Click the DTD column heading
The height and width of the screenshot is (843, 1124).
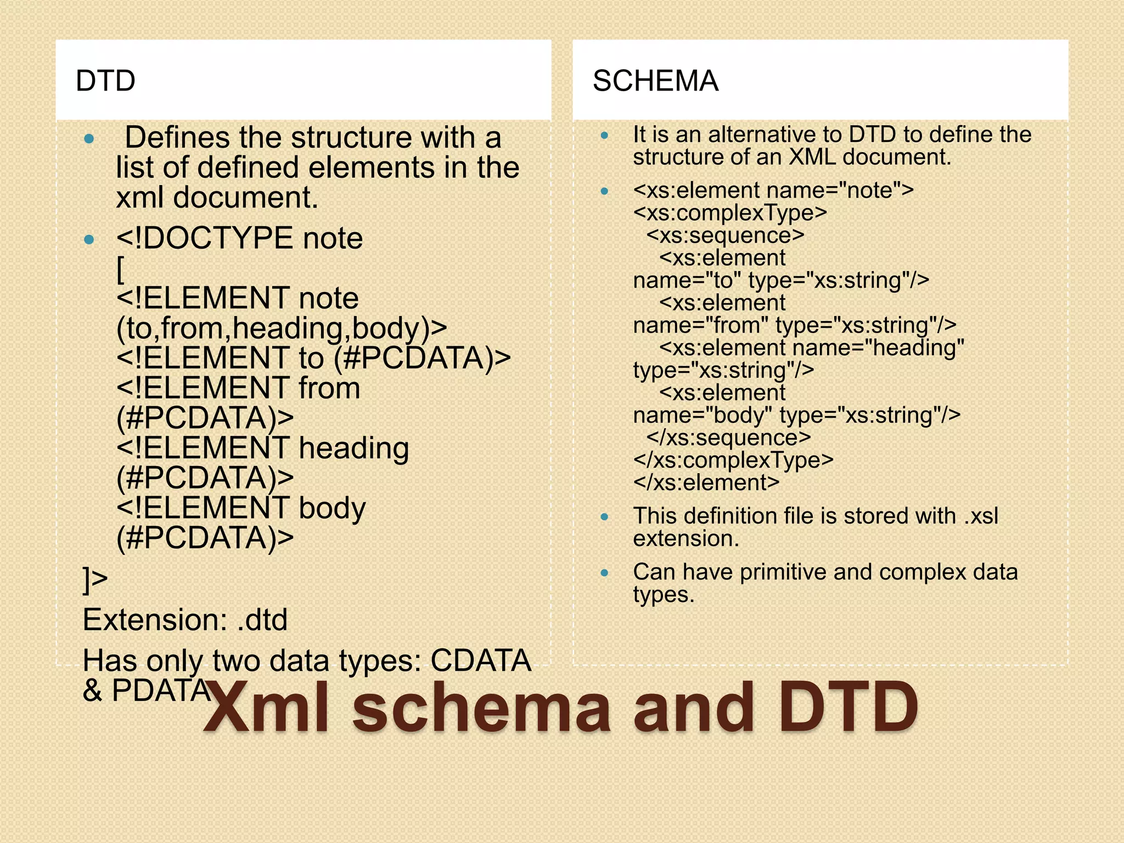click(x=105, y=81)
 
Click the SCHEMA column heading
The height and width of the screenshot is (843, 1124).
click(x=655, y=81)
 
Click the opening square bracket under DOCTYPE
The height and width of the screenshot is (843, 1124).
click(x=121, y=269)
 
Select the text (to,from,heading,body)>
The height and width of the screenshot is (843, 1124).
click(x=282, y=328)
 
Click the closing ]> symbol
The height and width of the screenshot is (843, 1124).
click(x=95, y=580)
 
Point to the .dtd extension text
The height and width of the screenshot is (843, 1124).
click(x=262, y=620)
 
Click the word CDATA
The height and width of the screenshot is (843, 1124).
click(x=481, y=660)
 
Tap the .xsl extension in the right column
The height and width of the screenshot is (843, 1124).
click(x=981, y=516)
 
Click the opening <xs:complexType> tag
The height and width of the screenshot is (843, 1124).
click(x=730, y=213)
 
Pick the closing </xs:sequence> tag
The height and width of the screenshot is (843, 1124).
click(x=728, y=438)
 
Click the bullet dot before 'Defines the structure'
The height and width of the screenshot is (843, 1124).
click(x=89, y=139)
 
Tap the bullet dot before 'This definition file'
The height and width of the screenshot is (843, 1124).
click(x=604, y=517)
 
